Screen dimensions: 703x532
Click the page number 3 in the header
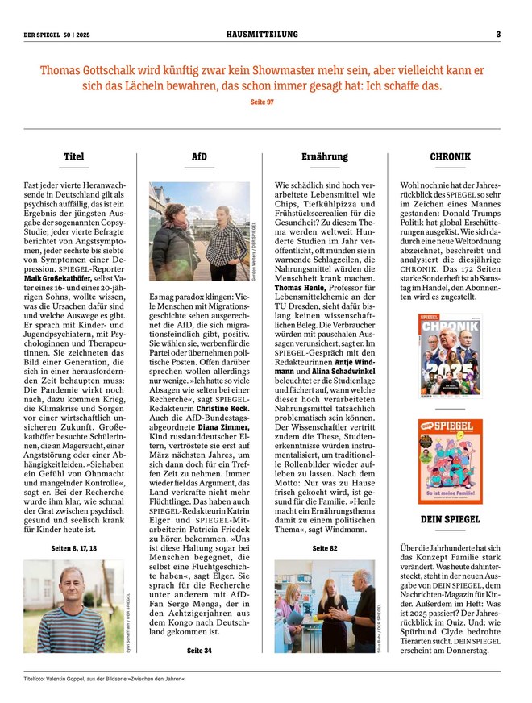coord(498,34)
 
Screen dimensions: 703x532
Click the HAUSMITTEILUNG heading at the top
coord(263,34)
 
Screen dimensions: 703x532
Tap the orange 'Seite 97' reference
coord(262,102)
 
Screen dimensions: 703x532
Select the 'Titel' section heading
coord(73,156)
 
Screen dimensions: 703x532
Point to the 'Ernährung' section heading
coord(325,156)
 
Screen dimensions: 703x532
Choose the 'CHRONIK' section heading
coord(451,156)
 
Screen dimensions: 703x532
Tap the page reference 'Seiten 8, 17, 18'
coord(73,547)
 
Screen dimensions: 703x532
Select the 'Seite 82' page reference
coord(325,547)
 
